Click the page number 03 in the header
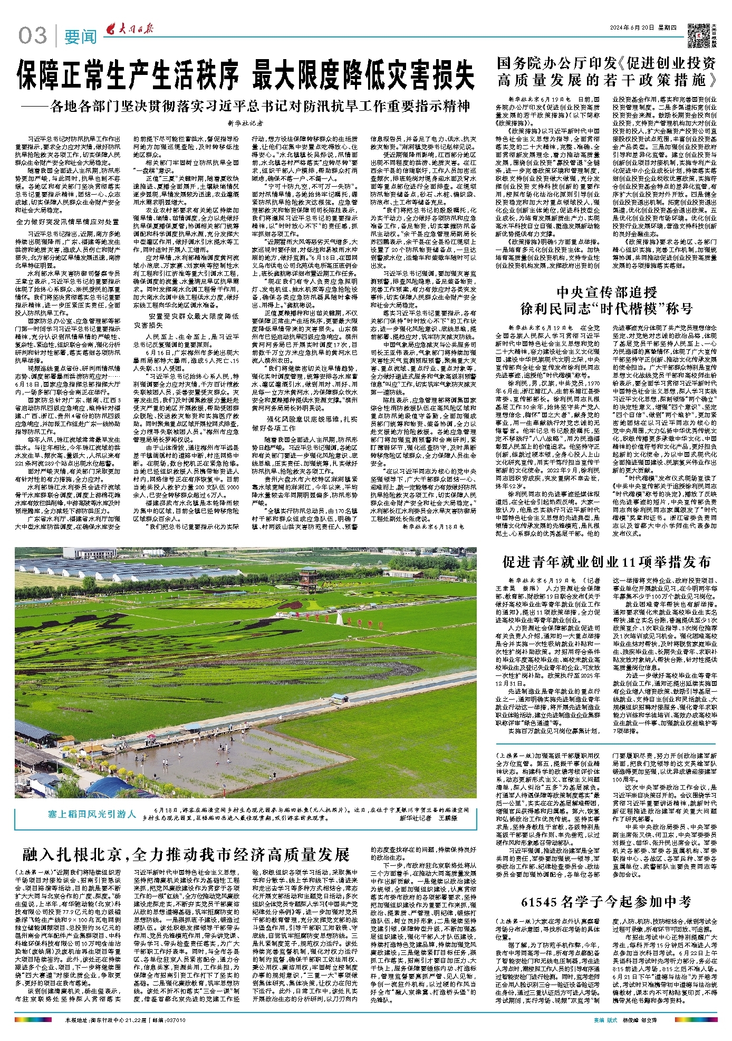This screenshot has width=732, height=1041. (x=33, y=36)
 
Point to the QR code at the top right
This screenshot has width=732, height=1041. (x=700, y=33)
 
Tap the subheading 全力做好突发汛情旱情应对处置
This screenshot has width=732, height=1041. (x=68, y=222)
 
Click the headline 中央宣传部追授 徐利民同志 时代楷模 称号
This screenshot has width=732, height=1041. (x=606, y=300)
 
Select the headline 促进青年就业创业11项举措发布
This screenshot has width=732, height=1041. (x=606, y=561)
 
